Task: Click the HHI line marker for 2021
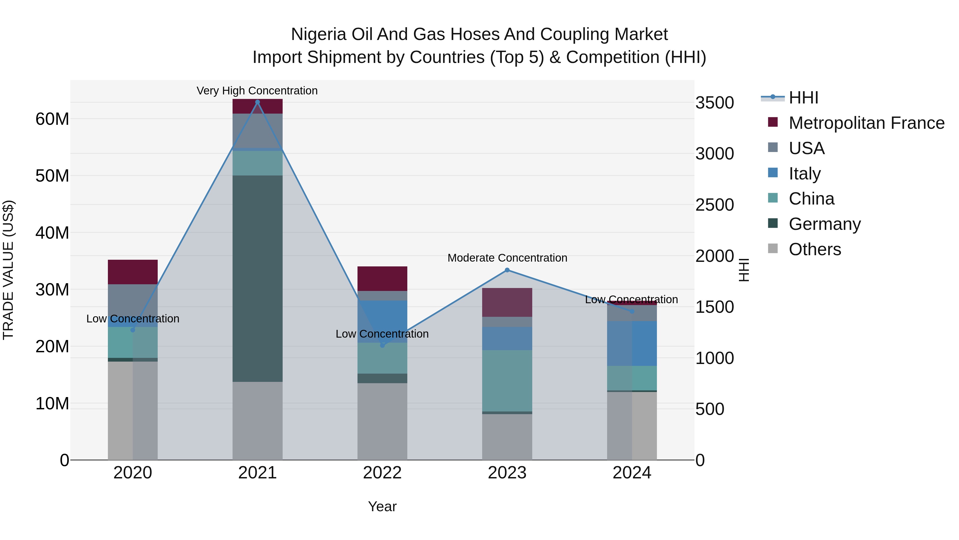[257, 102]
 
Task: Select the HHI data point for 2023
[507, 270]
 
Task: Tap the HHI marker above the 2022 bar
[382, 345]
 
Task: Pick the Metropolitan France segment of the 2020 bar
[133, 272]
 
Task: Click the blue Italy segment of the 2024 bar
[632, 343]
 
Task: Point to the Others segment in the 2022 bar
[382, 421]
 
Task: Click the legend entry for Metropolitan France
[866, 123]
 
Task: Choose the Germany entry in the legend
[824, 224]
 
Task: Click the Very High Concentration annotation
[257, 91]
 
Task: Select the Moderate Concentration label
[507, 258]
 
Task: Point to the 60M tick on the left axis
[52, 119]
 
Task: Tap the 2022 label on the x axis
[382, 473]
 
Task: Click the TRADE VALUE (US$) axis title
[8, 270]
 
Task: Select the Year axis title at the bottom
[382, 506]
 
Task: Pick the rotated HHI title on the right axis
[743, 270]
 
